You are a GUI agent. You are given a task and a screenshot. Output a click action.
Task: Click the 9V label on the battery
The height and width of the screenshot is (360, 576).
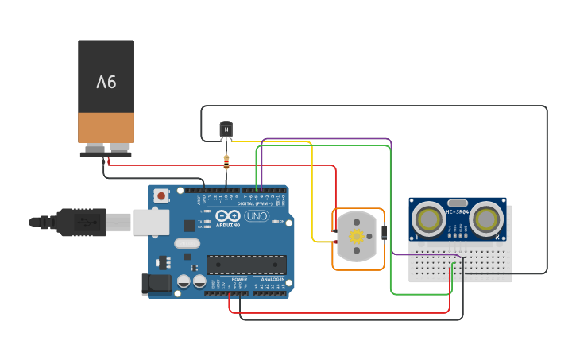coord(106,82)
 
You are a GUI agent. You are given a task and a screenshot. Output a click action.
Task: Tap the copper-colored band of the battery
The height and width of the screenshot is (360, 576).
coord(106,127)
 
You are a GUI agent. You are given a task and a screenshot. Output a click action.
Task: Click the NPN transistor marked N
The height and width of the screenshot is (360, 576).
coord(226,129)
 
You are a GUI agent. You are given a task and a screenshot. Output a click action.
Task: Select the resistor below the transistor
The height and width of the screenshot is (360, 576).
coord(226,163)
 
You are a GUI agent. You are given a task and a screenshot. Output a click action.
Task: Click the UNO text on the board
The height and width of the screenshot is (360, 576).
coord(256,216)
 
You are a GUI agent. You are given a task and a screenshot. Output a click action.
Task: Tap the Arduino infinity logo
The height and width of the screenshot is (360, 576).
coord(228,216)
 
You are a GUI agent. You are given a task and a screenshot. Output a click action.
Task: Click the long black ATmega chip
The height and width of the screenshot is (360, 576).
coord(245,264)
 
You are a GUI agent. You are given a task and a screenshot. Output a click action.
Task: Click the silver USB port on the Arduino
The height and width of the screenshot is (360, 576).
coord(151,222)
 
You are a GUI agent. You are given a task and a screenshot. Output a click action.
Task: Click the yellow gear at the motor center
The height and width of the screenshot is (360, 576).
coord(357,236)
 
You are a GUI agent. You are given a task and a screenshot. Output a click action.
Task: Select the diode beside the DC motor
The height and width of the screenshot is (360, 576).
coord(385,233)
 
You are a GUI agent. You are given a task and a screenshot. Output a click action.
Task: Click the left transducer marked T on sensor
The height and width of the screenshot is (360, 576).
coord(429,218)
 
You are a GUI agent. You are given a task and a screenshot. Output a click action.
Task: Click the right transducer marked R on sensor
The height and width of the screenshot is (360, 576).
coord(486,218)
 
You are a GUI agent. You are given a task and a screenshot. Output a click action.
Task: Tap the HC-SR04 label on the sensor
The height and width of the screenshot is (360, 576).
coord(458,212)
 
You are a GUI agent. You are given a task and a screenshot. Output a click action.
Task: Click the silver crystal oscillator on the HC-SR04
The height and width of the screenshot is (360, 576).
coord(458,203)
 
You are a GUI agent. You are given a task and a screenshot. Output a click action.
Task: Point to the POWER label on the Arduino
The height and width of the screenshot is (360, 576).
coord(239,279)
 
